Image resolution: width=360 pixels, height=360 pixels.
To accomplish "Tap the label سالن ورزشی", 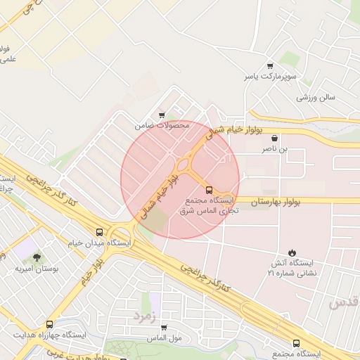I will click(x=314, y=97).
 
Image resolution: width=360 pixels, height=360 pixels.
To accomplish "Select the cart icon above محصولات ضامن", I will click(x=162, y=115).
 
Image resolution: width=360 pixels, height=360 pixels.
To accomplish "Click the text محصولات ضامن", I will click(x=162, y=125).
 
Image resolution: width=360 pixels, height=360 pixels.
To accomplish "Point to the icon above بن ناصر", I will click(x=275, y=139).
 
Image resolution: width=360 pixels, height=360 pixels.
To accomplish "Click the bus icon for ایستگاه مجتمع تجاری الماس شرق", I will click(x=208, y=190).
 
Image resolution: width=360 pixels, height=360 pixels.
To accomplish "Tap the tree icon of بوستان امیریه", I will click(x=37, y=258).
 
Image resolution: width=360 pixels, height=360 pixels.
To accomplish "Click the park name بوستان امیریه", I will click(x=37, y=269).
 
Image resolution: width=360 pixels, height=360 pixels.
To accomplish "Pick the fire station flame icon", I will click(x=292, y=252).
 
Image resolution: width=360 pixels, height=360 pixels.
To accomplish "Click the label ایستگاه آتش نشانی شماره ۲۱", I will click(x=292, y=267).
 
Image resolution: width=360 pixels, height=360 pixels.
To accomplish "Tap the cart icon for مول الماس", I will click(x=164, y=328).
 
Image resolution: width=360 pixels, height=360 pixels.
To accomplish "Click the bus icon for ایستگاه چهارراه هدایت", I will click(x=49, y=324).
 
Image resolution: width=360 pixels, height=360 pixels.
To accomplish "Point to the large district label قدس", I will click(x=344, y=301).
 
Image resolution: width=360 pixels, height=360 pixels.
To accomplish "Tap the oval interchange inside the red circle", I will click(x=186, y=167).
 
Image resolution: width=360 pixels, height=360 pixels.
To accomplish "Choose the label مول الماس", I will click(x=164, y=338).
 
